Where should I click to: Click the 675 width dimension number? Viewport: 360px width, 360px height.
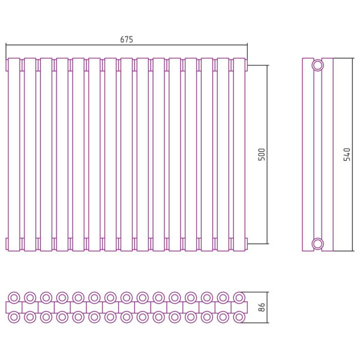127,40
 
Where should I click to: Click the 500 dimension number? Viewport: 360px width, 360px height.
262,155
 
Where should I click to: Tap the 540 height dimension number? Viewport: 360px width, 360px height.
347,155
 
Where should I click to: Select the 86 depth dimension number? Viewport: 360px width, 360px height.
262,307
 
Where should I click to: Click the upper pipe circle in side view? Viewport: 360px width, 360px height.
318,65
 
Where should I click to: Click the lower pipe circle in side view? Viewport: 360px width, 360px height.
318,244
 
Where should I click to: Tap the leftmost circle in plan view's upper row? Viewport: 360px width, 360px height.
14,298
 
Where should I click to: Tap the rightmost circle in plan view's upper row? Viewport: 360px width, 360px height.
239,298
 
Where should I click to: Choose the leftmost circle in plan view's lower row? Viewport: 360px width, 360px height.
14,317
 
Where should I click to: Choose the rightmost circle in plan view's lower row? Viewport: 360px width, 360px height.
239,317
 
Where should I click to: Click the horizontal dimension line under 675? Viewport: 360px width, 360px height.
127,45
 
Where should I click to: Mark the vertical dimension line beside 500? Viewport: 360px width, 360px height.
267,155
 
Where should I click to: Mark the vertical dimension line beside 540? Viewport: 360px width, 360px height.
352,155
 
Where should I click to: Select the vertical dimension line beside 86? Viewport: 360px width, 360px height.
267,307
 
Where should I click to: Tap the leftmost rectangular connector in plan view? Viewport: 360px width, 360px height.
14,307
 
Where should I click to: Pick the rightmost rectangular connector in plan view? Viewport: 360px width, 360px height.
239,307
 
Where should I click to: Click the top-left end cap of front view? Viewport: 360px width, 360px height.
7,65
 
